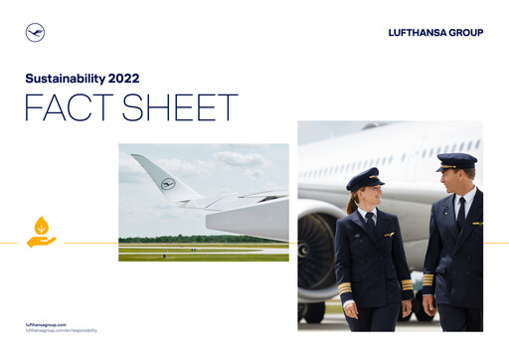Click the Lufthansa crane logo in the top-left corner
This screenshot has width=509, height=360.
point(35,33)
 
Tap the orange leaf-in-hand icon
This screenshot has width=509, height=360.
point(41,232)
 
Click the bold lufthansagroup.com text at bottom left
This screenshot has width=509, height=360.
point(47,324)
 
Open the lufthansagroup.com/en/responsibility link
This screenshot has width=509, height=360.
point(61,330)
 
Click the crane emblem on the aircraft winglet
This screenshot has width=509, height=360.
point(167,184)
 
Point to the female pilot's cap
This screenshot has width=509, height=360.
point(365,178)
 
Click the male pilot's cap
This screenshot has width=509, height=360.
point(456,160)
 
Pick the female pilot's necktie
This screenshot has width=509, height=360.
point(369,222)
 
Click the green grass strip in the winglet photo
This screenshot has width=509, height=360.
point(203,256)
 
